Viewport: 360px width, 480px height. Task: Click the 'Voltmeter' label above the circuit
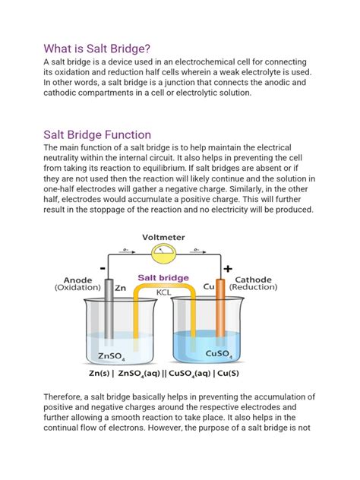(x=180, y=237)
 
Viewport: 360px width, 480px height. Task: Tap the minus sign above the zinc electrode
(x=103, y=268)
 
